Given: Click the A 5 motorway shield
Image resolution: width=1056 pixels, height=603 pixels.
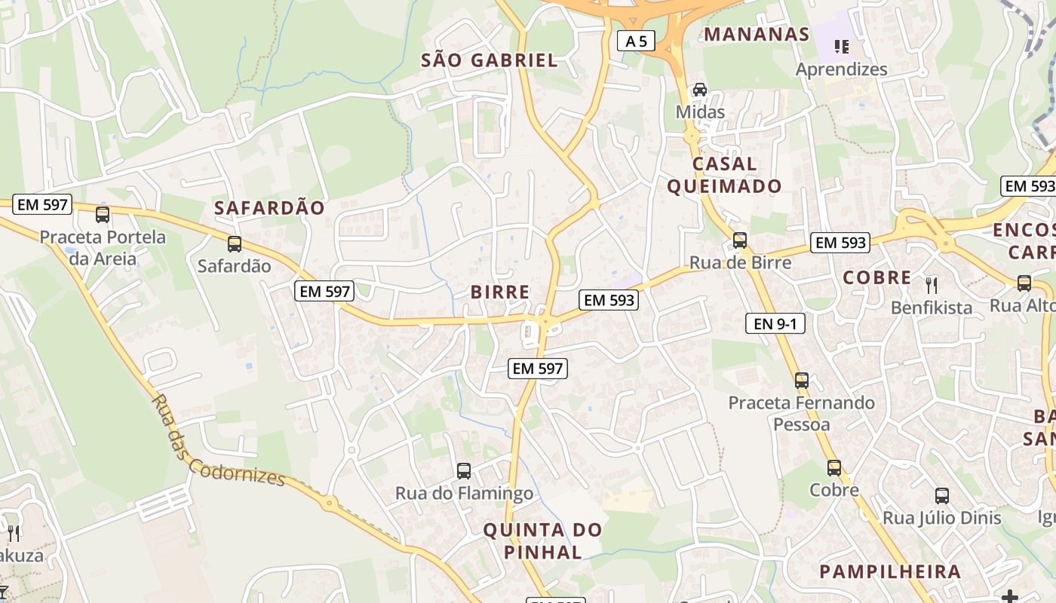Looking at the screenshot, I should tap(636, 41).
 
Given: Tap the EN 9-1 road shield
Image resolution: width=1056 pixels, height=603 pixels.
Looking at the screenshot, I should tap(775, 324).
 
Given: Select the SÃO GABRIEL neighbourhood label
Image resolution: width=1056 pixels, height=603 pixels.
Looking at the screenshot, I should tap(489, 60).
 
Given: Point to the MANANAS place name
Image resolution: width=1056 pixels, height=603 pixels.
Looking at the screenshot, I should tap(757, 34).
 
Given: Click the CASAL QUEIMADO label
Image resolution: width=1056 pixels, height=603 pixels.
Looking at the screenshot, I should tap(723, 175).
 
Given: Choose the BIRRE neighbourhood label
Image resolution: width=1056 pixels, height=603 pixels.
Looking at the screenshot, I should tap(499, 292).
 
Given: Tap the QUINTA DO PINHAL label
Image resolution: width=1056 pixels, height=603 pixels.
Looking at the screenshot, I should tap(542, 540).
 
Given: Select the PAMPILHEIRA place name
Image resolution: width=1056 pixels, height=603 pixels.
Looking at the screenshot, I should tap(890, 571).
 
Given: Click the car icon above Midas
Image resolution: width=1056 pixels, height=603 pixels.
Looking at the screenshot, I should tap(700, 90).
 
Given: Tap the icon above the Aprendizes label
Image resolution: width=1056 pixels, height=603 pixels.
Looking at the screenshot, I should tap(842, 47).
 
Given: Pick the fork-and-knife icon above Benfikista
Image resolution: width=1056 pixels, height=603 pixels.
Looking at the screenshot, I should tap(932, 285).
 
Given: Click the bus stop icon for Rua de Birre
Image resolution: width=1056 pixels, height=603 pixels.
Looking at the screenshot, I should tap(740, 240).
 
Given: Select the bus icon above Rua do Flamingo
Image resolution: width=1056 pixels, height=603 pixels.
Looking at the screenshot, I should tap(464, 471).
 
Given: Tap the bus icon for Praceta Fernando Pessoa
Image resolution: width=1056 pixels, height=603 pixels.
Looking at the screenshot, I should tap(802, 381).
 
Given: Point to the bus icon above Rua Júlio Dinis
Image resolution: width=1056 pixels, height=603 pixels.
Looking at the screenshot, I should tap(942, 495).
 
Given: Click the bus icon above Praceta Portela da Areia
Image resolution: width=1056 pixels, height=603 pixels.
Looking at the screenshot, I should tap(103, 215).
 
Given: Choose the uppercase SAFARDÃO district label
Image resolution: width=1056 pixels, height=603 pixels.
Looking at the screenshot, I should tap(269, 208).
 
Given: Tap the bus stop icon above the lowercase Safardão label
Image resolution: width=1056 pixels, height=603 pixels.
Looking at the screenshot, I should tap(235, 244).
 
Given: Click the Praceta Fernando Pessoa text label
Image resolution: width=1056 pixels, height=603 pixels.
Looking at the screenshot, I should tap(801, 413).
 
